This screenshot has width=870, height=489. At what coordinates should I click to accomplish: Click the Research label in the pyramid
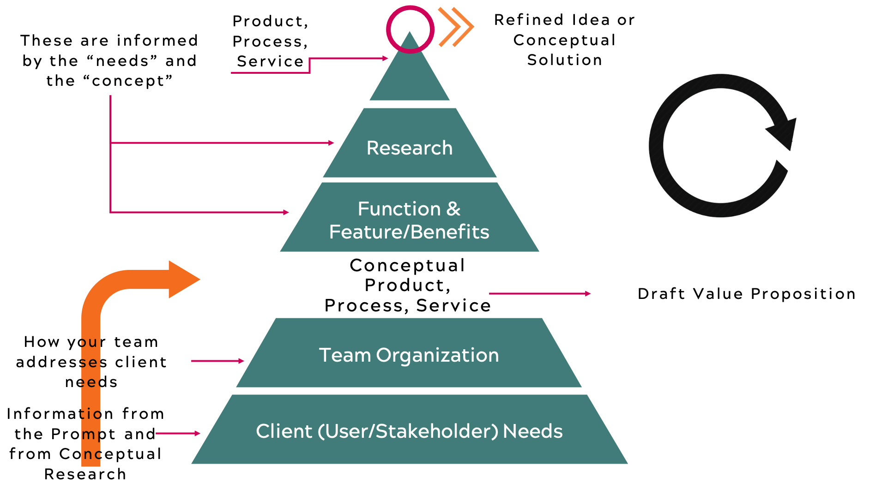(410, 148)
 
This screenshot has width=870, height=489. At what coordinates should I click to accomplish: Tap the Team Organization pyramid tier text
(409, 356)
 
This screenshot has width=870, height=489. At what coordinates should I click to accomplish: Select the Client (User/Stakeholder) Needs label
(410, 431)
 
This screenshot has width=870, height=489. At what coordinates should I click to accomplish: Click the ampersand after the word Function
(453, 209)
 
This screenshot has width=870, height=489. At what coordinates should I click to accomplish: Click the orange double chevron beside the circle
(456, 27)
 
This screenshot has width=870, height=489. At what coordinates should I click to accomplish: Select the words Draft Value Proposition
(747, 294)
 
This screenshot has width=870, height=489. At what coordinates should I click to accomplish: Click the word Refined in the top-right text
(529, 20)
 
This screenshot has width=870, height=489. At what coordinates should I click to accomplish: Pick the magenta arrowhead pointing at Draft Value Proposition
(588, 293)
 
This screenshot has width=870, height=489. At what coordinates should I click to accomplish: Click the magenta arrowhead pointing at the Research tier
(331, 143)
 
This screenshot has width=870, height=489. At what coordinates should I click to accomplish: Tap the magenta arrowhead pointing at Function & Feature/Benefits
(286, 212)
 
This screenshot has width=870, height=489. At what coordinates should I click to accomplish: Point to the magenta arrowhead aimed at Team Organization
(241, 361)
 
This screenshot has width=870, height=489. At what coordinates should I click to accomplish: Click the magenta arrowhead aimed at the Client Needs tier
(198, 433)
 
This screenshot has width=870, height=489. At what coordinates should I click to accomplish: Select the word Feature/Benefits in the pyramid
(409, 232)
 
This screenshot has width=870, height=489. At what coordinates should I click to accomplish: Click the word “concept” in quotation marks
(128, 81)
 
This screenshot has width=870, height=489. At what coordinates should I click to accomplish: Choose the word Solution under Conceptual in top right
(565, 60)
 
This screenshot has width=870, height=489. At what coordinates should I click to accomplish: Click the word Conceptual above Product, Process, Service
(408, 265)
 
